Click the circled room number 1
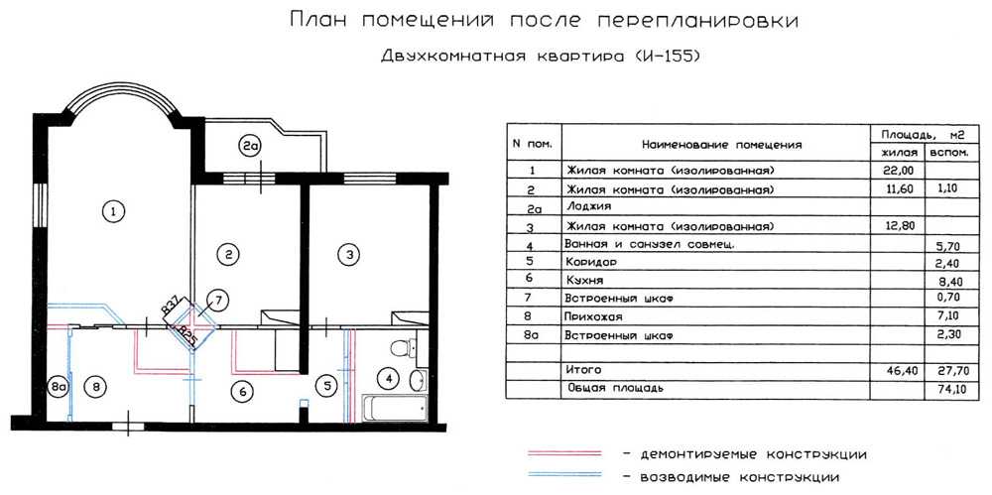113,210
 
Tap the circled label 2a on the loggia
249,146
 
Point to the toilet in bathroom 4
404,347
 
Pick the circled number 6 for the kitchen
242,392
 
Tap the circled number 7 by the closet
217,300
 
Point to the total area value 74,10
949,390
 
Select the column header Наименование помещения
721,145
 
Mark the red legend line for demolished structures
564,453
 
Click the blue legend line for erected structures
564,475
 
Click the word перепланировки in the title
697,22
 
